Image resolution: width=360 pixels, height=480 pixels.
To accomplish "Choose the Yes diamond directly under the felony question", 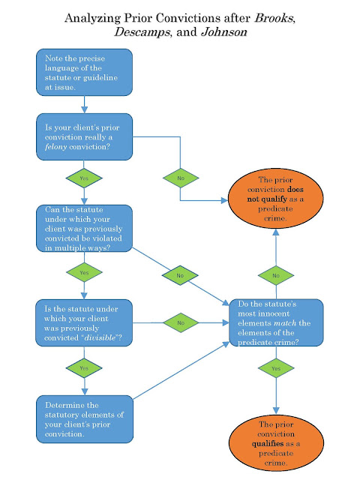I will (x=84, y=178).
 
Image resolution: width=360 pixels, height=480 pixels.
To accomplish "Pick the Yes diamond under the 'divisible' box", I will (x=84, y=368).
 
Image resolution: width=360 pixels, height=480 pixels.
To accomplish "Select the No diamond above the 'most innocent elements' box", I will (x=275, y=275).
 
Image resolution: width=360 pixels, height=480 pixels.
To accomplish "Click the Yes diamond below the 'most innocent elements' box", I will (x=275, y=368).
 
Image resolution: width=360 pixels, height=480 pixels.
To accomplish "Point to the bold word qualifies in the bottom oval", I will (x=267, y=443).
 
